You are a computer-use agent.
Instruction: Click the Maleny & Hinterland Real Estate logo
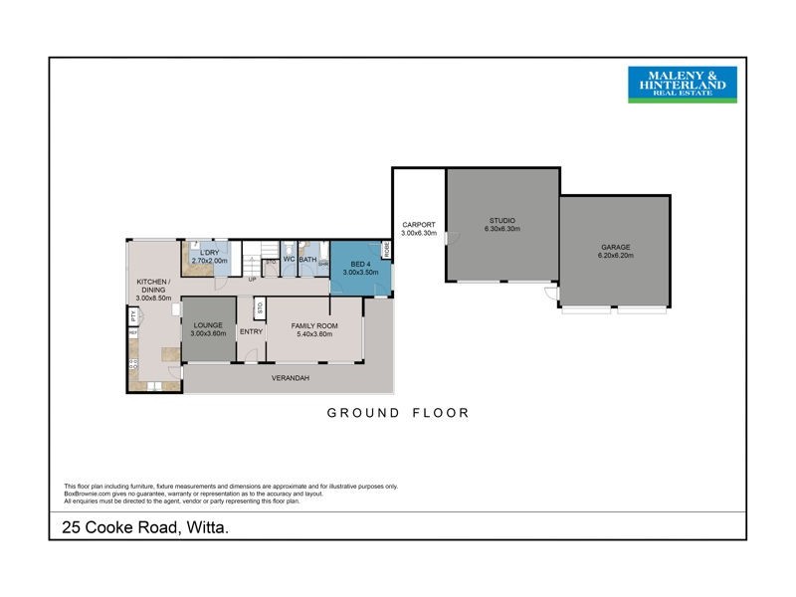[682, 85]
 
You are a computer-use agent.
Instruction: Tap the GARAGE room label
[615, 247]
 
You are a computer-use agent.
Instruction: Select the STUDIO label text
[501, 220]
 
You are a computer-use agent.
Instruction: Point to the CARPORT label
[418, 225]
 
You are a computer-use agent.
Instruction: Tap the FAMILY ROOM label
[314, 325]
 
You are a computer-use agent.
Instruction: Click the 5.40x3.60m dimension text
[314, 334]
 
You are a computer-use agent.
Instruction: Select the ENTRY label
[251, 332]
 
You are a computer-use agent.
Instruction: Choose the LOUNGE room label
[208, 325]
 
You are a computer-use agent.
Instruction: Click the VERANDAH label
[289, 379]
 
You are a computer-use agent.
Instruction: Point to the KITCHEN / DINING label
[153, 288]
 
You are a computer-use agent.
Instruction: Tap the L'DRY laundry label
[209, 253]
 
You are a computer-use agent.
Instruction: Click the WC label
[289, 260]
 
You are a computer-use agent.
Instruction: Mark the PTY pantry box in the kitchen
[132, 316]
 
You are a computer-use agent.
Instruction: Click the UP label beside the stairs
[253, 279]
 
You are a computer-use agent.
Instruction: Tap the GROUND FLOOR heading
[397, 412]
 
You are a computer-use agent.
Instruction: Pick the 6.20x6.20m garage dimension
[615, 256]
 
